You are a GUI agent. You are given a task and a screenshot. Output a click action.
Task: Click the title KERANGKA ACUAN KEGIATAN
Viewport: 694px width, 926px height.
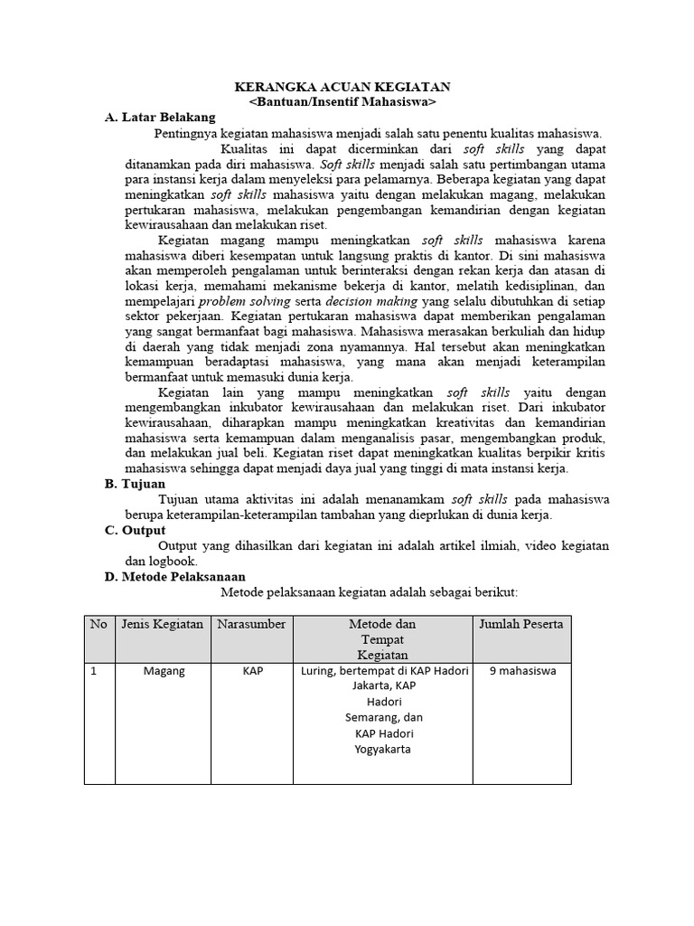coord(342,87)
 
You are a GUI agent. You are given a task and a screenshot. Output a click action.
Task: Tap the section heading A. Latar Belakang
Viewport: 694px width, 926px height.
coord(160,118)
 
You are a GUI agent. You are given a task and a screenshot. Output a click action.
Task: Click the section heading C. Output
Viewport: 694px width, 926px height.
coord(136,530)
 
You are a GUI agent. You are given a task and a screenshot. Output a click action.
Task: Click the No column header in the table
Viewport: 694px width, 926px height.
coord(98,625)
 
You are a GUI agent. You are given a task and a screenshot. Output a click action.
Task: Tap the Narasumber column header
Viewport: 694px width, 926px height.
coord(251,625)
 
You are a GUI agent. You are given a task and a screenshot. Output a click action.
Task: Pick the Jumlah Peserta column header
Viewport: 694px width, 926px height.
coord(521,625)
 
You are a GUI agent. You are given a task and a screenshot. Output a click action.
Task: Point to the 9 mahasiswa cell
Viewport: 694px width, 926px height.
coord(521,672)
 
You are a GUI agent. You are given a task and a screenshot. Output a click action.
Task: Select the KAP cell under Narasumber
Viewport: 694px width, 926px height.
coord(252,672)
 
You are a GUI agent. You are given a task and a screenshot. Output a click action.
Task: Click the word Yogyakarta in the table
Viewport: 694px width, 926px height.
coord(383,749)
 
